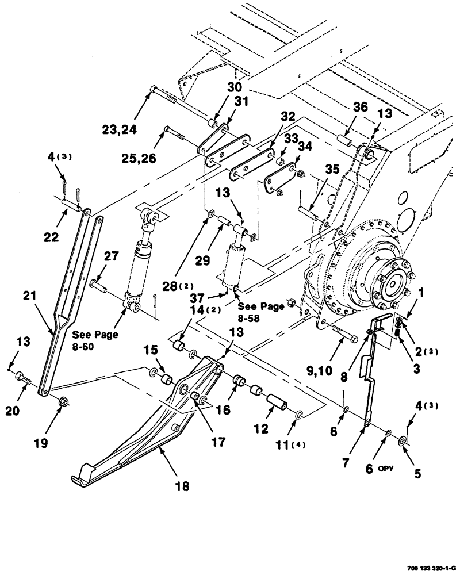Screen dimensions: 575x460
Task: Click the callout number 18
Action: click(182, 486)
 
